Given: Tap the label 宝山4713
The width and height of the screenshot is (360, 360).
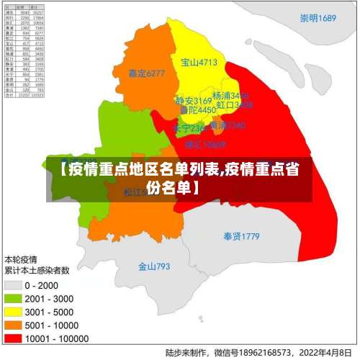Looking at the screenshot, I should point(199,63).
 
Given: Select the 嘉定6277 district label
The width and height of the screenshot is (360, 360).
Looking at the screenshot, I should point(146,73).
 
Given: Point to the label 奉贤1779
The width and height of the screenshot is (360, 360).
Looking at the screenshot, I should point(240,236).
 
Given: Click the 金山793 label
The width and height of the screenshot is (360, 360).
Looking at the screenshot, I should point(154,266).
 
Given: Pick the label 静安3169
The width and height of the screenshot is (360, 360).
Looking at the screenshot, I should point(193,101).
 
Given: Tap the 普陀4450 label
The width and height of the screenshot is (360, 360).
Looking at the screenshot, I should point(197,111).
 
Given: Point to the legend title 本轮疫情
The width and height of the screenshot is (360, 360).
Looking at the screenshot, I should point(21,258).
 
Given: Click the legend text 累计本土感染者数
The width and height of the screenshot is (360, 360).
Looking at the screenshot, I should point(37,270).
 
